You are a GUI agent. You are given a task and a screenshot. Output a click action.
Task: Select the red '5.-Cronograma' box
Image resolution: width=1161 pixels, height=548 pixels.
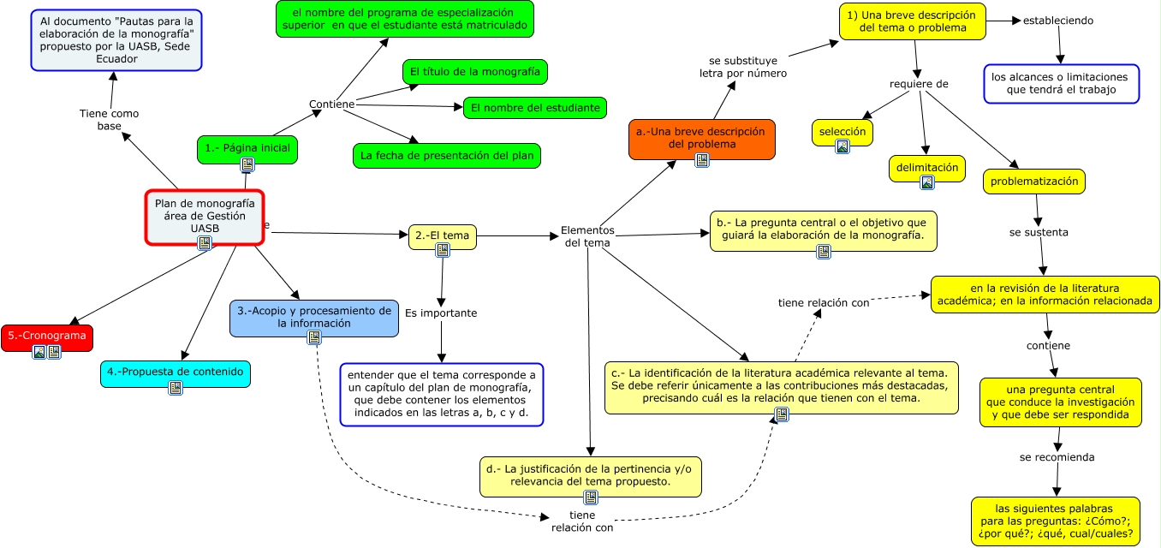47,336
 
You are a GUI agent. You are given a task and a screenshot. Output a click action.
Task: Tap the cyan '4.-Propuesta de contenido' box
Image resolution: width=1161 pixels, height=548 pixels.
176,372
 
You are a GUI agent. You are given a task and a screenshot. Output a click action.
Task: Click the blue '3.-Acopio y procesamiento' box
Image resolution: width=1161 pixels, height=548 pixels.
313,317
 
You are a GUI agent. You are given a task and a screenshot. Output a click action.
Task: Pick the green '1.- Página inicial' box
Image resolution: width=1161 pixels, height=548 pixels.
247,148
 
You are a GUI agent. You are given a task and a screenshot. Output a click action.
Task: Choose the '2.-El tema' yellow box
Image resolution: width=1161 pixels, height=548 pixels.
442,235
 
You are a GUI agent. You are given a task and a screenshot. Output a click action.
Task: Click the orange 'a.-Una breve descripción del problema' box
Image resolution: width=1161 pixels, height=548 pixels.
701,138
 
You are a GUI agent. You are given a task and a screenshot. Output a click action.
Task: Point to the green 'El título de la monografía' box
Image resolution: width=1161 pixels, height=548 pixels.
474,72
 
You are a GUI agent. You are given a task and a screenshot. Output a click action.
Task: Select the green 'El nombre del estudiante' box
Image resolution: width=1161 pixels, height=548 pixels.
535,108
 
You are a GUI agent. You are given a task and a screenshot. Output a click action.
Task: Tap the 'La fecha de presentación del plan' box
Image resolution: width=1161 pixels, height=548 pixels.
446,156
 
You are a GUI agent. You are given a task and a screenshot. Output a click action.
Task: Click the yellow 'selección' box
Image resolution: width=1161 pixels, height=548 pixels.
842,132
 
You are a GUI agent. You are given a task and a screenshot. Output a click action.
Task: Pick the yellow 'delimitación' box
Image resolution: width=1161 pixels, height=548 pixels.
927,168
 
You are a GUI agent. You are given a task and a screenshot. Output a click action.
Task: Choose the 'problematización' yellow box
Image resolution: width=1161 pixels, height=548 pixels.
1035,181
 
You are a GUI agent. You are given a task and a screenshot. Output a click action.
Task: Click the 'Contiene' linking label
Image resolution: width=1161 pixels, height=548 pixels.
331,104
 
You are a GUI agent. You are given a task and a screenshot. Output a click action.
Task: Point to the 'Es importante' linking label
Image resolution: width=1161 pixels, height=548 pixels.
441,313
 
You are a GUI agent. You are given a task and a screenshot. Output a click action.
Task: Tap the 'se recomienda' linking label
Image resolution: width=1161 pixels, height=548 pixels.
1057,457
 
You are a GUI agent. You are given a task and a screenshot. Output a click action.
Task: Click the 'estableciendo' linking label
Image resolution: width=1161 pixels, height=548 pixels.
1058,21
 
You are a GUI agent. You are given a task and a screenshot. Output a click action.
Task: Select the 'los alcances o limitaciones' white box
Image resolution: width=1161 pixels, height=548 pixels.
1061,83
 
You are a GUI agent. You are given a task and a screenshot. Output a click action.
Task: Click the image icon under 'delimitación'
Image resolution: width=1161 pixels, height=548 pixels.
927,182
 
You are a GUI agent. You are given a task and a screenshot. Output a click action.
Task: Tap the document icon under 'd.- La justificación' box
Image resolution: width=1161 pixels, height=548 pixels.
591,497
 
